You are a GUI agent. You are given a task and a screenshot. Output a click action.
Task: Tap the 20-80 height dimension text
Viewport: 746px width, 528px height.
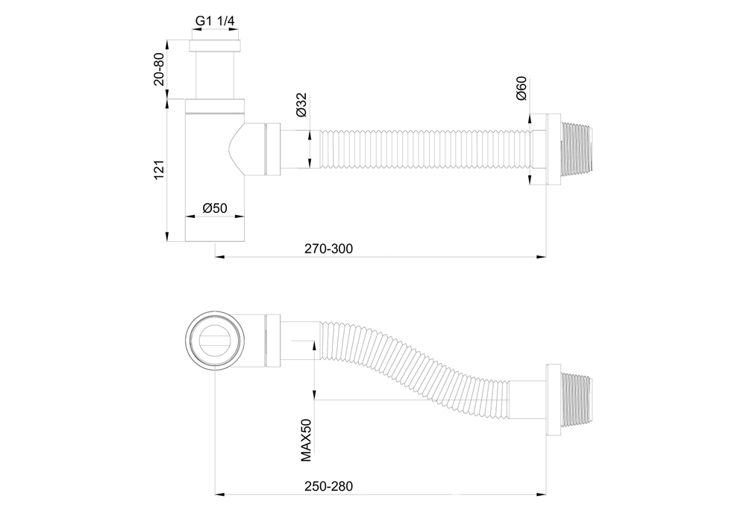[159, 69]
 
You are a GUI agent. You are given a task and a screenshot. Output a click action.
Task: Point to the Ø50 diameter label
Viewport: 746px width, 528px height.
[215, 208]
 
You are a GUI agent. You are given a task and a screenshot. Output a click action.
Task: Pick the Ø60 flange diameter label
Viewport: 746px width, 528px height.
[521, 88]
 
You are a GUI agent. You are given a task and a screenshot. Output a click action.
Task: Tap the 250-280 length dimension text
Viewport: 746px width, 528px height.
[329, 485]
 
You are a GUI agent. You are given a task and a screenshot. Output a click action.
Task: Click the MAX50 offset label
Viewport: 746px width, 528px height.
[306, 441]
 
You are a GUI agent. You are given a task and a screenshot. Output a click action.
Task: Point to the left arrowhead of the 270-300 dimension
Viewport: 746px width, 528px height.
[218, 257]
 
